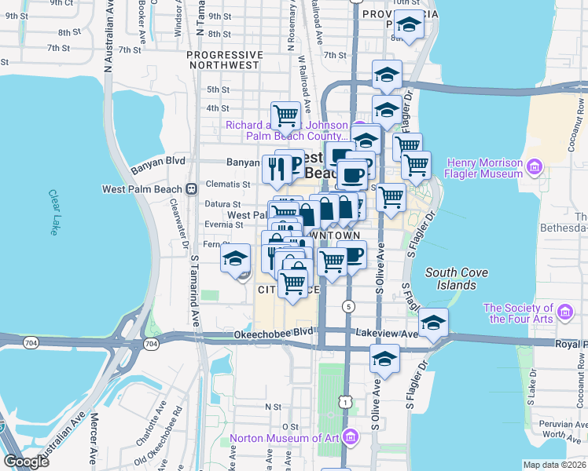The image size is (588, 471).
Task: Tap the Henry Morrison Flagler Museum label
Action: (483, 168)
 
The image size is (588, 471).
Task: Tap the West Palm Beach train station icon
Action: (191, 189)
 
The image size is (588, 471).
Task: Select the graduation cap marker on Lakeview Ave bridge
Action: (432, 322)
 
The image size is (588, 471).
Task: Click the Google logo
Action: (27, 462)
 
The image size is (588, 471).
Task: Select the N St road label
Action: (273, 407)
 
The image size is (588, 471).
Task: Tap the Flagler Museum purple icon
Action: (533, 166)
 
